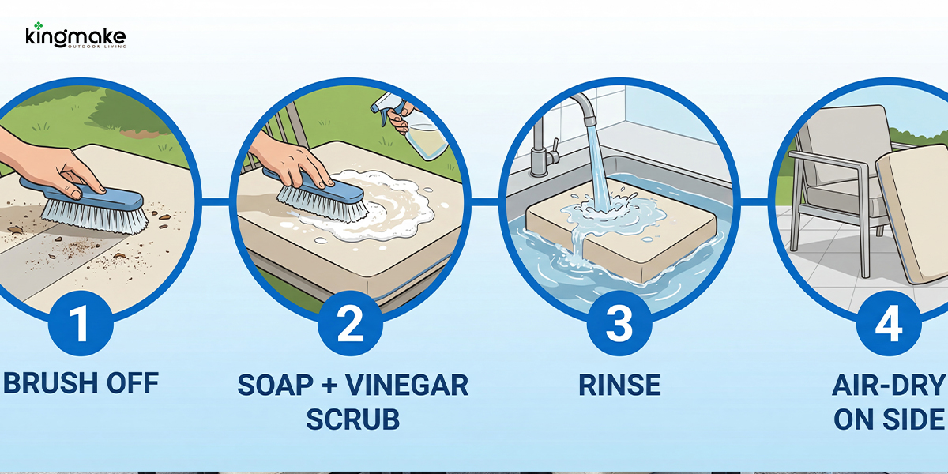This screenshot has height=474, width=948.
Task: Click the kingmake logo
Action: click(x=75, y=36)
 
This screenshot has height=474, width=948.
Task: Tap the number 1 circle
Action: click(x=80, y=325)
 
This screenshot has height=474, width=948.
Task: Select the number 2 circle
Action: click(x=350, y=325)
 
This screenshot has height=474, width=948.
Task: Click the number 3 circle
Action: click(x=619, y=325)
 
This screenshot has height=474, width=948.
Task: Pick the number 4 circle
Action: click(x=889, y=325)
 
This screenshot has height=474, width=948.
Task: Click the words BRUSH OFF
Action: click(x=81, y=384)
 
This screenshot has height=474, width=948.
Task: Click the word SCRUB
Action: click(x=352, y=419)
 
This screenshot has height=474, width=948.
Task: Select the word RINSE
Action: click(x=619, y=386)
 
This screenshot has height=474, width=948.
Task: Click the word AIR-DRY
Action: click(x=889, y=386)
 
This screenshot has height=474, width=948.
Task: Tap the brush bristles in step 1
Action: click(x=95, y=213)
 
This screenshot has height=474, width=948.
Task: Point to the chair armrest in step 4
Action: click(x=822, y=158)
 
